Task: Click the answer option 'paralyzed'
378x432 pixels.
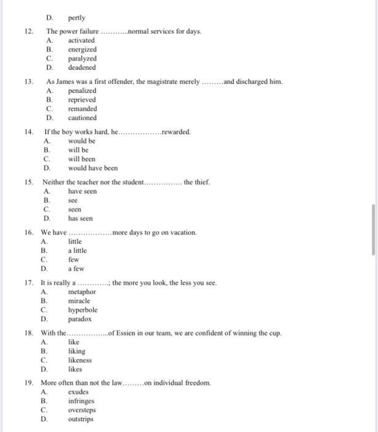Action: coord(82,58)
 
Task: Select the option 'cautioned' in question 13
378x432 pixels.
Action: coord(82,118)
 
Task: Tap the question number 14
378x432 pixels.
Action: coord(29,132)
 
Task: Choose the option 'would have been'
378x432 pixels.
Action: coord(93,168)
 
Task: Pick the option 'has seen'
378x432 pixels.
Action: coord(80,218)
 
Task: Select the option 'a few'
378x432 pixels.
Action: coord(76,268)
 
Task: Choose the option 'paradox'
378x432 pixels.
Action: coord(80,319)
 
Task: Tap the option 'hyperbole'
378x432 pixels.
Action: coord(83,309)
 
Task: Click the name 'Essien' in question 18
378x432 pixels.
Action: coord(127,333)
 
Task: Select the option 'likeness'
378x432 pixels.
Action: coord(80,360)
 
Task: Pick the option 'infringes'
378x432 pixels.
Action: coord(81,401)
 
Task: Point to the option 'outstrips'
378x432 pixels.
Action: coord(81,419)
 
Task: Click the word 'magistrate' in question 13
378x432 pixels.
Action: coord(161,81)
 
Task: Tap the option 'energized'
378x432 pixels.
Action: coord(82,49)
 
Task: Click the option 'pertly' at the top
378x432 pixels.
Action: coord(77,18)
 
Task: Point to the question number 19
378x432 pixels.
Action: coord(29,383)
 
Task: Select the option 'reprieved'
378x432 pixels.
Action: coord(82,99)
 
